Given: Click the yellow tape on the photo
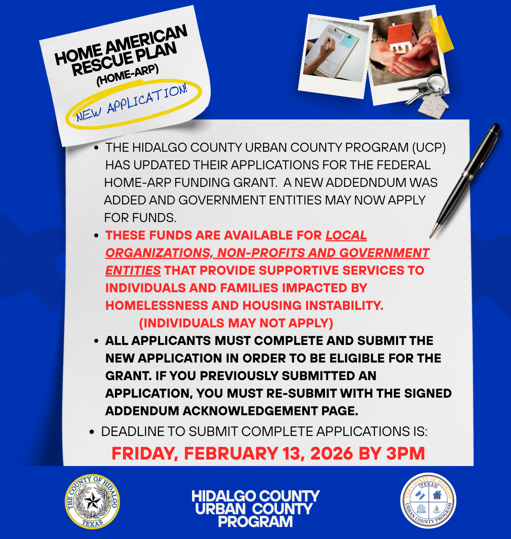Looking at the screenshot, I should [442, 33].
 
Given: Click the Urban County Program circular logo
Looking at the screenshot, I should [428, 501].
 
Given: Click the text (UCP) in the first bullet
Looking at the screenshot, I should [429, 148].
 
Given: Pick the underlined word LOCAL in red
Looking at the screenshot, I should [346, 236].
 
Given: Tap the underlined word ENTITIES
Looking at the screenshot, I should [133, 271].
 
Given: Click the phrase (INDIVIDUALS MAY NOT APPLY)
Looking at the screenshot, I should [236, 323].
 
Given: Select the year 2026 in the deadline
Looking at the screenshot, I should [332, 454].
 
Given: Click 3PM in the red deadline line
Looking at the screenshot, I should [405, 454].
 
